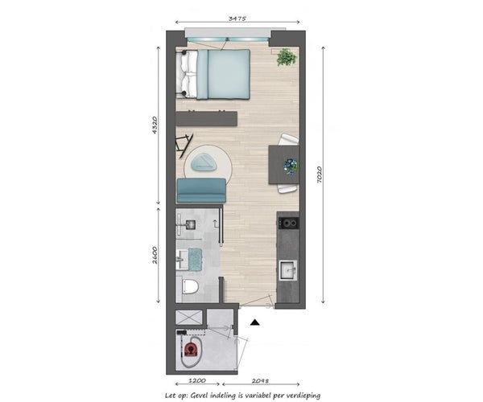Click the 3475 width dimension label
click(x=237, y=18)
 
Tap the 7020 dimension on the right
click(x=319, y=174)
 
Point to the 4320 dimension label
click(x=155, y=125)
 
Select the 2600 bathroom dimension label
click(x=155, y=255)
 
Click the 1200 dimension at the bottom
click(x=197, y=380)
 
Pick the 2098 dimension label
click(x=260, y=380)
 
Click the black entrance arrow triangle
click(x=254, y=322)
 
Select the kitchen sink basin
click(x=289, y=270)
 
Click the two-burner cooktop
click(x=289, y=223)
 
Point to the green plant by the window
click(x=287, y=57)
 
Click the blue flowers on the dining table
click(x=291, y=166)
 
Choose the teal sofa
click(x=201, y=191)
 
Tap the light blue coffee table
click(x=205, y=162)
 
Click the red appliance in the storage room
click(x=191, y=349)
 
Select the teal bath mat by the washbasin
click(x=196, y=260)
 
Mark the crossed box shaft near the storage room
click(x=189, y=317)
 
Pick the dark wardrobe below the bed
click(x=206, y=119)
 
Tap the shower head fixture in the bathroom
click(x=189, y=225)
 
